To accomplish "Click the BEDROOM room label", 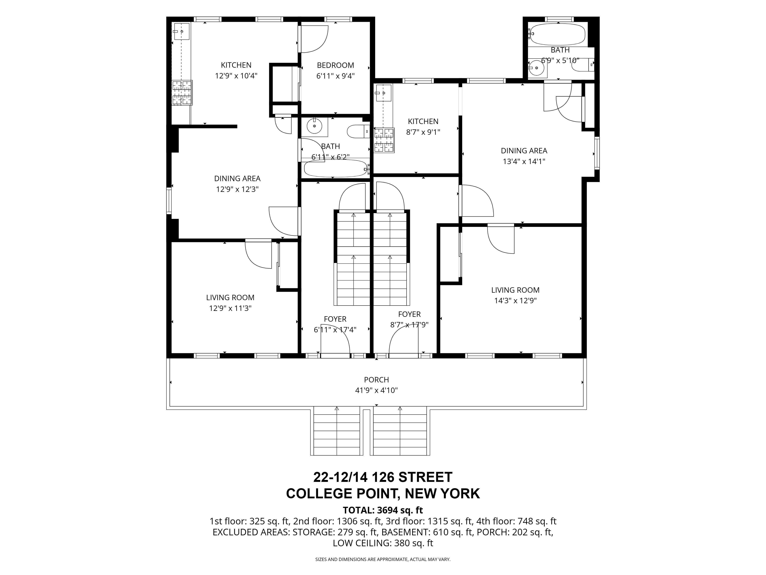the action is coord(335,65).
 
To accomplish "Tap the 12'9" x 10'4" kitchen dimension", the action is coord(236,76).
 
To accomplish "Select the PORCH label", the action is coord(376,380).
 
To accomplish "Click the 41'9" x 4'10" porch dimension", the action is coord(376,390).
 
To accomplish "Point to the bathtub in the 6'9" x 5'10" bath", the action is coord(557,34).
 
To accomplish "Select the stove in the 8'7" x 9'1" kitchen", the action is coord(384,140).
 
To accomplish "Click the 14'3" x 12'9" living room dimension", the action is coord(515,301).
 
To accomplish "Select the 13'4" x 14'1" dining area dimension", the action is coord(524,161).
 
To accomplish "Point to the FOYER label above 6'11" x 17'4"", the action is coord(335,319).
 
